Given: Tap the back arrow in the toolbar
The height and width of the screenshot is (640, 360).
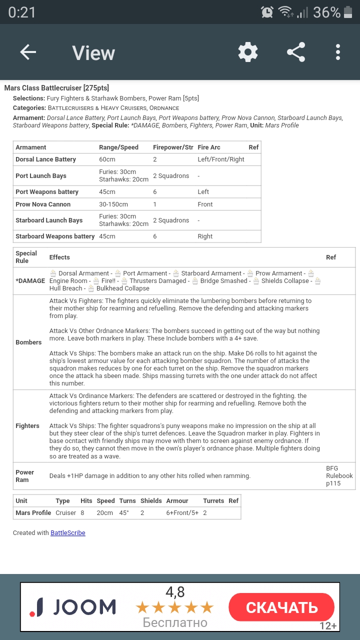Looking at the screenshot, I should pos(28,52).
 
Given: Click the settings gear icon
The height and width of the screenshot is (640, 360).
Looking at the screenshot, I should pos(248,52).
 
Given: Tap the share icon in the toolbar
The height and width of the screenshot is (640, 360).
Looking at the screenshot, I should pos(296,52).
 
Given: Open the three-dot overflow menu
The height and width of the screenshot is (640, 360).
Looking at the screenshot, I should pos(338,52).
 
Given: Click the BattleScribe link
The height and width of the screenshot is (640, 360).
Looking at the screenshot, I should pos(68,533).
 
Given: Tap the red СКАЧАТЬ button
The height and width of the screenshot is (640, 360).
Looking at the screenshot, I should pos(281,607).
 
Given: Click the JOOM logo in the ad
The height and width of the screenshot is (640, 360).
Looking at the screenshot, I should pos(73,607).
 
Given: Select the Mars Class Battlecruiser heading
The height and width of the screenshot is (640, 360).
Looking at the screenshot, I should pos(56,88).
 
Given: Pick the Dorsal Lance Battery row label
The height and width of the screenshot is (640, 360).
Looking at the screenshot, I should pos(45,159).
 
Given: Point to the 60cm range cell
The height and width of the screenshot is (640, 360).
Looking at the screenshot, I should pos(107,159).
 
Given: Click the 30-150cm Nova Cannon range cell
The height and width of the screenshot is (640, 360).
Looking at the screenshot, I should pos(113,204).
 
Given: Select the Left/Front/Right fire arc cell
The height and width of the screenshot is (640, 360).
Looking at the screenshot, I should pos(221,159).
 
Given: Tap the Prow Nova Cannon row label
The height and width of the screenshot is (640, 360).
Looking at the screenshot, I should pos(43,204).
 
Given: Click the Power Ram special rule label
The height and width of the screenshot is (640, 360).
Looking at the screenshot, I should pos(25,476).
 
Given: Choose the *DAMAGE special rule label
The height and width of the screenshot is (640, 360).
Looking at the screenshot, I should pos(30,281).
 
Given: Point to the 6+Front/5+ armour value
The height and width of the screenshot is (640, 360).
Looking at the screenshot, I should pos(182,513).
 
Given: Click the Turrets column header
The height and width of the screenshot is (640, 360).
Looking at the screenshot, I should pos(213,501).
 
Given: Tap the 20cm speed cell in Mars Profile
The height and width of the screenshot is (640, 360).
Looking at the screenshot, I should pos(105,513).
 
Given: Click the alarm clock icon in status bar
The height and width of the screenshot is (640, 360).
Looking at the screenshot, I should pos(267,12).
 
